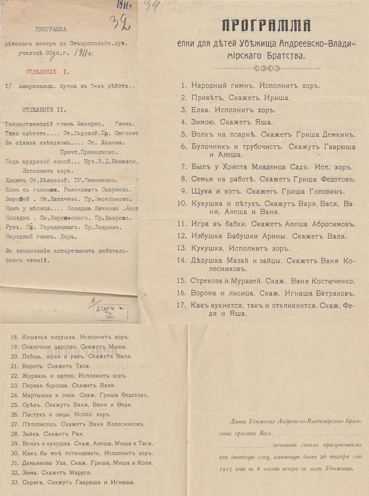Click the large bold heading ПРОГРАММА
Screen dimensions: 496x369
click(x=266, y=26)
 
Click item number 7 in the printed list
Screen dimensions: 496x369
click(x=184, y=167)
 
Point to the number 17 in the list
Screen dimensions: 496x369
click(x=182, y=306)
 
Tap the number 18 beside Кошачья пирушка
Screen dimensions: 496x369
click(x=14, y=337)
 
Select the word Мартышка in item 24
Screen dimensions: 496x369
click(x=38, y=395)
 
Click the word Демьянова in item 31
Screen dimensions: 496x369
click(x=40, y=463)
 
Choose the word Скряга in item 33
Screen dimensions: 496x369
click(x=32, y=482)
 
